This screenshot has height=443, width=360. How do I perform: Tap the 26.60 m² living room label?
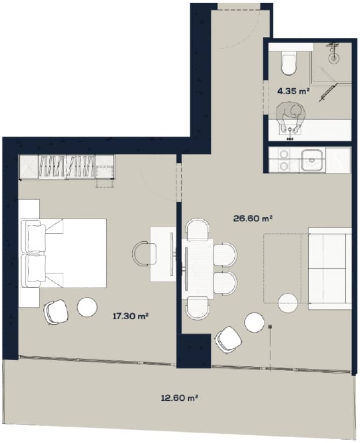point(254,218)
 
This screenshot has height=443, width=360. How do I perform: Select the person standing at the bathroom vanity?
point(290,117)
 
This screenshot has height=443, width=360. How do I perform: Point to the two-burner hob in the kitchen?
point(284,160)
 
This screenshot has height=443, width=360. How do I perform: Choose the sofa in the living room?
point(330,268)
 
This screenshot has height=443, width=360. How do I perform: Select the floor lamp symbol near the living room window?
point(271,327)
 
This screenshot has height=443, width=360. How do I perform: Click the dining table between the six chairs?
point(198,268)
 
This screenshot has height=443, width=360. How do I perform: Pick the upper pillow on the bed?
point(34,235)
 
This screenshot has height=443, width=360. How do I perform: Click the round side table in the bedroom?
point(87,306)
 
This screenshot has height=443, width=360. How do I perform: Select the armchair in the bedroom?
point(55,312)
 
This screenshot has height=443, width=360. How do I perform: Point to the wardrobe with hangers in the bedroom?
point(67,166)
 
